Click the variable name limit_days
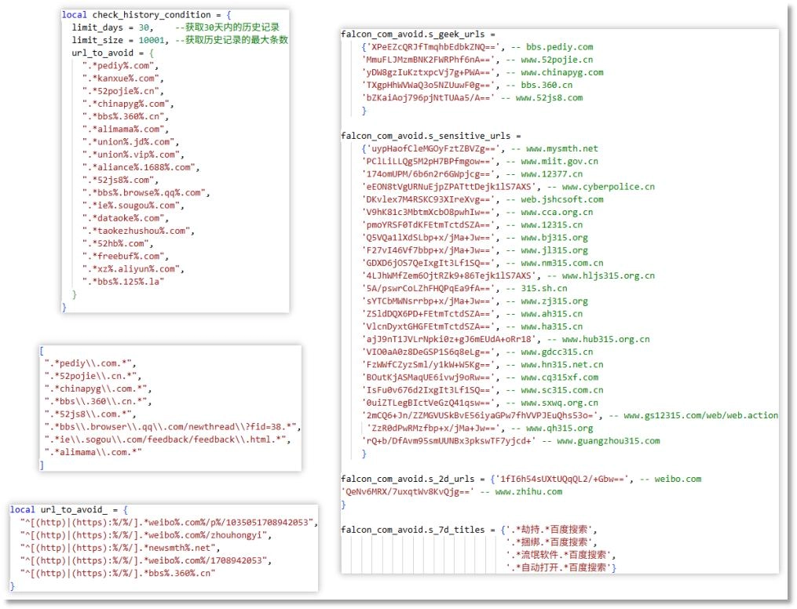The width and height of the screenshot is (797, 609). tap(98, 27)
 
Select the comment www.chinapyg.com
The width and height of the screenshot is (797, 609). tap(562, 72)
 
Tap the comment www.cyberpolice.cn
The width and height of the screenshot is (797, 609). tap(608, 187)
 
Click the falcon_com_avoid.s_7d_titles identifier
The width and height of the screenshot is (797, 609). tap(413, 530)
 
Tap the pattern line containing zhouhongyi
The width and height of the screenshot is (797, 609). tap(144, 535)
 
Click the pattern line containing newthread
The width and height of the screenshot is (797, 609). tap(172, 426)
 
